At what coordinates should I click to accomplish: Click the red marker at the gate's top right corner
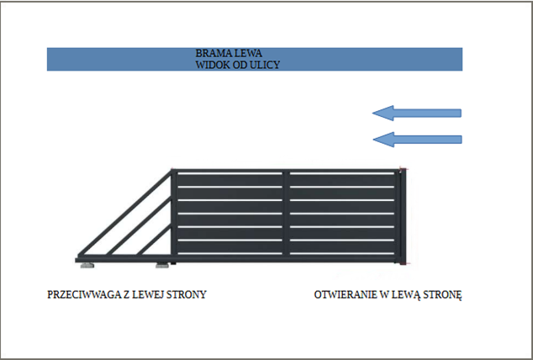(404, 168)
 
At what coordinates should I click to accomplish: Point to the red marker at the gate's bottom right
(405, 265)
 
